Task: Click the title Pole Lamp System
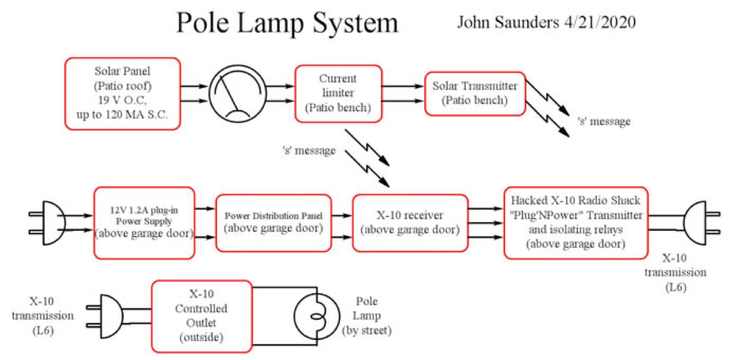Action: [x=287, y=23]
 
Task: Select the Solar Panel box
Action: [x=122, y=94]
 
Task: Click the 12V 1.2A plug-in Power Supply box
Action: [x=144, y=223]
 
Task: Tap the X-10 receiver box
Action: [x=410, y=223]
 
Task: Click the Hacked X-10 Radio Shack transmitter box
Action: [x=576, y=222]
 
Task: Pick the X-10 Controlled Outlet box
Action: [x=201, y=315]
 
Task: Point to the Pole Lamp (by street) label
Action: [x=366, y=315]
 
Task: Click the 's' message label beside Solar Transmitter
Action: [x=603, y=121]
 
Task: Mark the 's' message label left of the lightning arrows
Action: [x=309, y=151]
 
